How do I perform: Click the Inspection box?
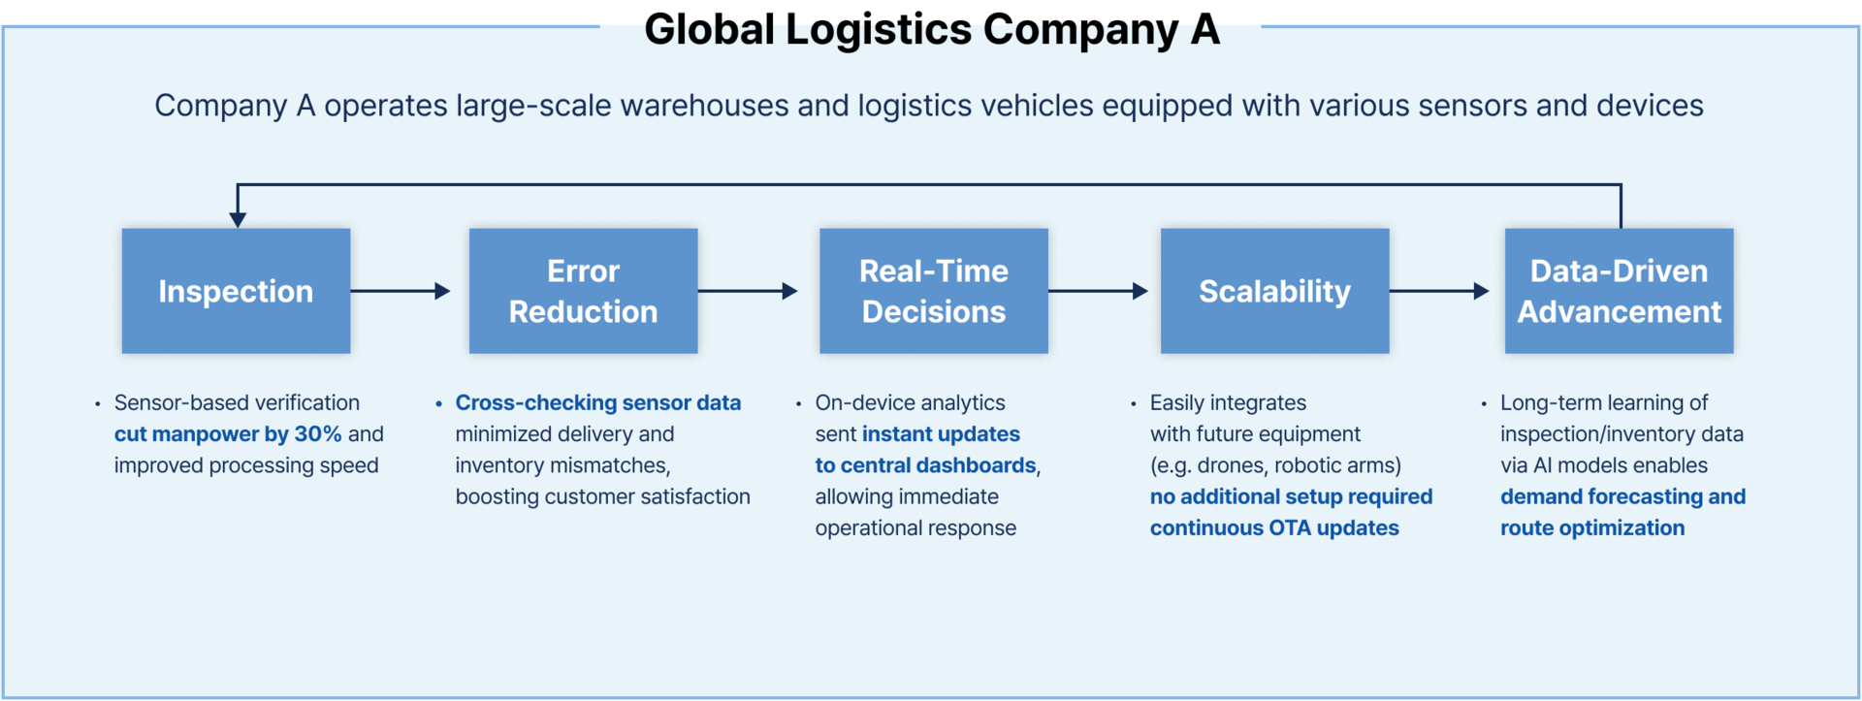236,291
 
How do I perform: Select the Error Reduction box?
583,291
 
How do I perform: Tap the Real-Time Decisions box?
934,291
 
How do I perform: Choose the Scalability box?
1274,291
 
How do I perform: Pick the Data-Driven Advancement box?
1619,291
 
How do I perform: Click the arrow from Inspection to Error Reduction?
401,291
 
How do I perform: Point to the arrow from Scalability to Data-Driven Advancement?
1439,291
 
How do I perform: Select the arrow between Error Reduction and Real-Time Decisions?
748,291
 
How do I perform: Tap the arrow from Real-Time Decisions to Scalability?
1098,291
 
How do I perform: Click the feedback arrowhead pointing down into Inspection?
238,220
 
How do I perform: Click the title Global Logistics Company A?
932,29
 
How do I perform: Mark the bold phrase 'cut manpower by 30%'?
228,434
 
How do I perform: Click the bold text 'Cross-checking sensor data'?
598,402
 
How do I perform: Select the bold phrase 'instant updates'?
941,434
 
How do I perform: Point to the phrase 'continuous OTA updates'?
1274,528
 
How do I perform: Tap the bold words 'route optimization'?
1592,528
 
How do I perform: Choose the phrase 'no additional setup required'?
1291,496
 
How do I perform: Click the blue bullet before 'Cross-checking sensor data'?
439,403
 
